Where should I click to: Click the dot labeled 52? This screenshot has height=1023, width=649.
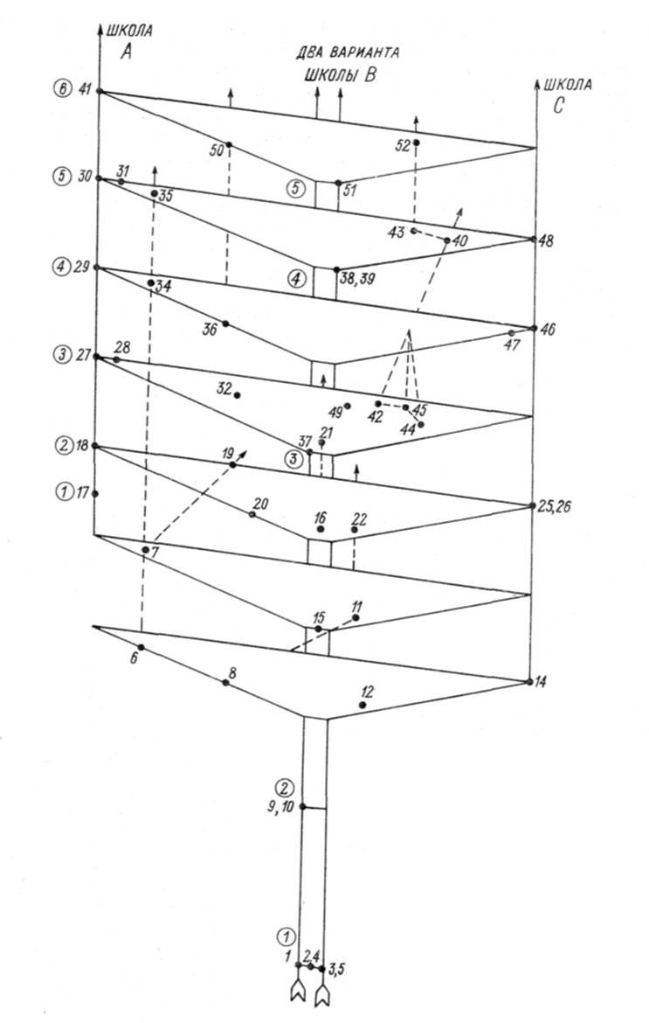pyautogui.click(x=417, y=143)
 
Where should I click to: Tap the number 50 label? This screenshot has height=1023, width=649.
pyautogui.click(x=217, y=150)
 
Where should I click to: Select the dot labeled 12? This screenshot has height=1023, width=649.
pyautogui.click(x=362, y=706)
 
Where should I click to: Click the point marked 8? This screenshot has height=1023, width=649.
pyautogui.click(x=225, y=682)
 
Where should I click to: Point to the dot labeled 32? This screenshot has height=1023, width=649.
pyautogui.click(x=238, y=394)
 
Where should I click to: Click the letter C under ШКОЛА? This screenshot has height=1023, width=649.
pyautogui.click(x=558, y=106)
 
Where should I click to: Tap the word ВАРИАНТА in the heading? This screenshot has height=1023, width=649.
pyautogui.click(x=366, y=52)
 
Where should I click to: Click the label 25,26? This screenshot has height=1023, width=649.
pyautogui.click(x=555, y=507)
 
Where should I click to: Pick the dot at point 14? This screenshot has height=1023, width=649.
pyautogui.click(x=528, y=682)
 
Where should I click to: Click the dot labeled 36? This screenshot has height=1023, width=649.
pyautogui.click(x=225, y=324)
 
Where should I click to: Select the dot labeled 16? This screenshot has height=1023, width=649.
pyautogui.click(x=320, y=528)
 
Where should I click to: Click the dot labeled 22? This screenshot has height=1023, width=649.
pyautogui.click(x=355, y=529)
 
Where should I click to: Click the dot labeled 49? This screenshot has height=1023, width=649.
pyautogui.click(x=348, y=406)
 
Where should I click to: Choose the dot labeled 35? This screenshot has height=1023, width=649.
pyautogui.click(x=154, y=193)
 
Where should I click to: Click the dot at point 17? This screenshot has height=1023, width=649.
pyautogui.click(x=95, y=494)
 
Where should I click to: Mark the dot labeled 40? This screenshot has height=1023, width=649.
pyautogui.click(x=447, y=240)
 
